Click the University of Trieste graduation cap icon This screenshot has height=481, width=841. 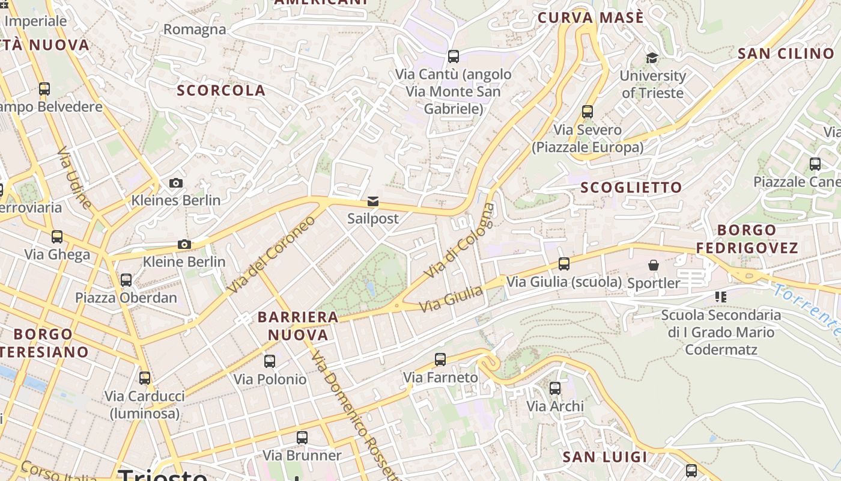click(652, 58)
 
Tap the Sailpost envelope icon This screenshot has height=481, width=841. click(373, 201)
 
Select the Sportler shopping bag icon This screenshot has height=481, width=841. click(654, 265)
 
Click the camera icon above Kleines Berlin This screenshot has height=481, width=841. click(176, 183)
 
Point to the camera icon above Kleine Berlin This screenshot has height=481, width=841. click(184, 244)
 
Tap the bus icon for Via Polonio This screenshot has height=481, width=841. click(270, 361)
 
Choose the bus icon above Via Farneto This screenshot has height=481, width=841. click(440, 360)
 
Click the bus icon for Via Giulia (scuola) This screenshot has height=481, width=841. click(564, 263)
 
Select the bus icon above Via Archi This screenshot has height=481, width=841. click(555, 388)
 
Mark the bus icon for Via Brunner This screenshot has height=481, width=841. click(302, 437)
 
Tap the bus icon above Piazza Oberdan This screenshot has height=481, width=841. click(126, 280)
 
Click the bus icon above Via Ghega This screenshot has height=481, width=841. click(57, 236)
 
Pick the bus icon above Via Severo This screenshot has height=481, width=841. click(587, 112)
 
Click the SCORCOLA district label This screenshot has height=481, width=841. click(221, 91)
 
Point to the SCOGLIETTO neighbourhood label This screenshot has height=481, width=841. click(631, 188)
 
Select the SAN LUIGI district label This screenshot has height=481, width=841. click(605, 457)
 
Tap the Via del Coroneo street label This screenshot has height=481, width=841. click(272, 255)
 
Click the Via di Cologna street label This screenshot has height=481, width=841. click(460, 241)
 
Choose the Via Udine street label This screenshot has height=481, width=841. click(75, 177)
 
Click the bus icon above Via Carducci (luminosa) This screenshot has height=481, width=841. click(145, 378)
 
